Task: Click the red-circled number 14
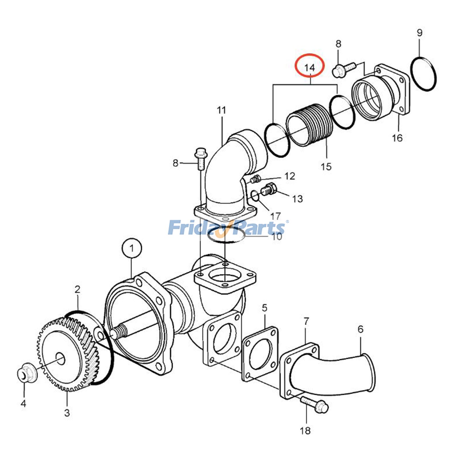pos(310,68)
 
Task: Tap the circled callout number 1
pos(132,248)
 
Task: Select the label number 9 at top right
pos(419,33)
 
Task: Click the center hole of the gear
pos(60,357)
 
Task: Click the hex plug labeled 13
pos(268,189)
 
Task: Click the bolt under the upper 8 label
pos(344,69)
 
